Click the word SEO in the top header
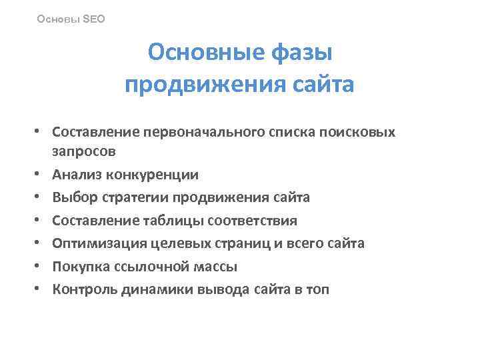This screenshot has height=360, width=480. [94, 19]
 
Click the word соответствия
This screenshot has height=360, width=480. [253, 220]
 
